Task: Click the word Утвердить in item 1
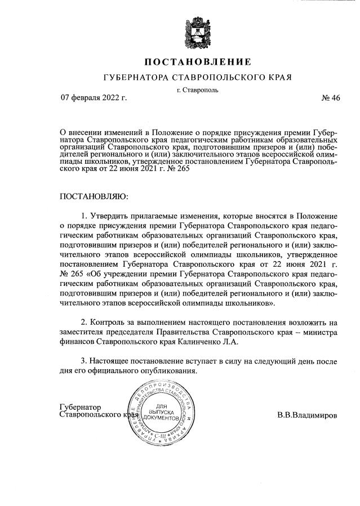tap(110, 217)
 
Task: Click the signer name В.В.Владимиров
tap(307, 415)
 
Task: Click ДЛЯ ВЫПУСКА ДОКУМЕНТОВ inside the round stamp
tap(161, 413)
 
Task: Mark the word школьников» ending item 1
tap(253, 303)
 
